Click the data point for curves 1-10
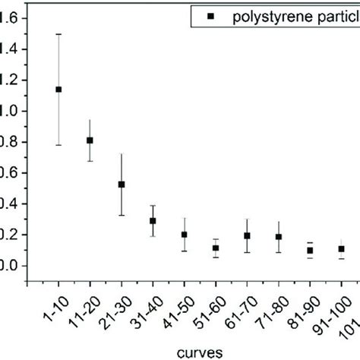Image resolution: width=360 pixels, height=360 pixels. [58, 89]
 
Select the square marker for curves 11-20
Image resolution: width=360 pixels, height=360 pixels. [90, 141]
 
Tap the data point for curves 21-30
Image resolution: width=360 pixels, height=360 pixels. [122, 184]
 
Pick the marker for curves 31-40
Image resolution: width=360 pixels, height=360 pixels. [153, 221]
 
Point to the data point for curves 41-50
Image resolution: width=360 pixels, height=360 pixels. [185, 235]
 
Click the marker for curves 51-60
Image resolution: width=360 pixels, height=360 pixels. [216, 248]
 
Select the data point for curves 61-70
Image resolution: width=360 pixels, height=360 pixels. [248, 235]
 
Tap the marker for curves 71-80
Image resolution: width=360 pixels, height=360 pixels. [279, 237]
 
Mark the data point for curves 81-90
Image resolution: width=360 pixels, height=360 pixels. [310, 251]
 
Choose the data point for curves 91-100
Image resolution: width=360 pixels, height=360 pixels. [342, 249]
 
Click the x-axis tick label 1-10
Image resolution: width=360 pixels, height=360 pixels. [49, 312]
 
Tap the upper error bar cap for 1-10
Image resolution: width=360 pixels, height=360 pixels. [58, 34]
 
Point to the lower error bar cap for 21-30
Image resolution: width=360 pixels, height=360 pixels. [122, 215]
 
